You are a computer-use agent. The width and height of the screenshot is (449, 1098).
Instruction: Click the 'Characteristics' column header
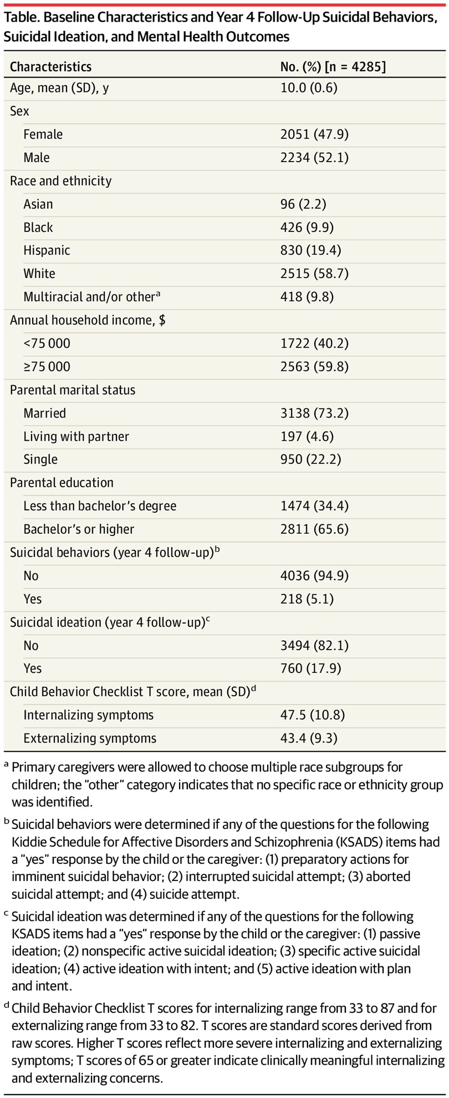[x=50, y=67]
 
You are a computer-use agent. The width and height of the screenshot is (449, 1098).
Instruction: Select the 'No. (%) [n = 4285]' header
[x=333, y=67]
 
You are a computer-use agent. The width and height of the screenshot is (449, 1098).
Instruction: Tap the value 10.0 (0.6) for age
[x=309, y=87]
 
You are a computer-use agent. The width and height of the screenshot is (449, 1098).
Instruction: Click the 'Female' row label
[x=43, y=134]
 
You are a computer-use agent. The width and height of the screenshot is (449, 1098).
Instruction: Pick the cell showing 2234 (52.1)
[x=314, y=157]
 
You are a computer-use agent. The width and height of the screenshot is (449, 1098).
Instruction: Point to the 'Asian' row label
[x=38, y=204]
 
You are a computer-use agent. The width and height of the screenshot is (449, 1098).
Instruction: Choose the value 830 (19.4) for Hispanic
[x=310, y=250]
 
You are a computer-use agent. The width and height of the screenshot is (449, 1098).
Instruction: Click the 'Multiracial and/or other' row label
[x=89, y=297]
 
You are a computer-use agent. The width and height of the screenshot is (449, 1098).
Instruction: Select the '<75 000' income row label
[x=47, y=343]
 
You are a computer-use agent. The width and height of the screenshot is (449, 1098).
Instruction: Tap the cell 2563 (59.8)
[x=314, y=367]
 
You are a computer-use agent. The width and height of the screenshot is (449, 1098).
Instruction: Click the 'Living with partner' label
[x=76, y=436]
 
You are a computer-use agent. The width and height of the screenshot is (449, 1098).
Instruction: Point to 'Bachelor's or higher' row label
[x=79, y=529]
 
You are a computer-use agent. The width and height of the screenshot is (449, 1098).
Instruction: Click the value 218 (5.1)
[x=307, y=599]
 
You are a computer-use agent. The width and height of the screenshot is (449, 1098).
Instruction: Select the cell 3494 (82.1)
[x=314, y=646]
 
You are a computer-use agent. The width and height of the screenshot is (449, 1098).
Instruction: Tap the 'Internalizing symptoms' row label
[x=88, y=715]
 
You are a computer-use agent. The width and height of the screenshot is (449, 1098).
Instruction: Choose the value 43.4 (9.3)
[x=309, y=738]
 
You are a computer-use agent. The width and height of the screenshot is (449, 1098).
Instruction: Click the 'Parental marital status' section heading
[x=73, y=390]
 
